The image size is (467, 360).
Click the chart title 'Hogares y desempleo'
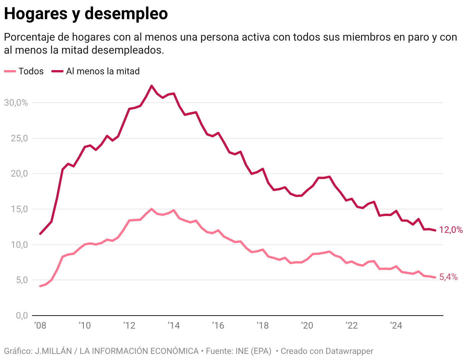point(86,14)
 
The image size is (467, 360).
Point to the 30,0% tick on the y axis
point(16,103)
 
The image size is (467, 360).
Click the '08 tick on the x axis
point(40,326)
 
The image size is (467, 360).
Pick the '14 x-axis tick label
point(173,326)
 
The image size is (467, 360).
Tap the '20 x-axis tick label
point(307,326)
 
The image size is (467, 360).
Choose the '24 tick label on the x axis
point(396,326)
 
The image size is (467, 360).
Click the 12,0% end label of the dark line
point(451,230)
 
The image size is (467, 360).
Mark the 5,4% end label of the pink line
point(448,277)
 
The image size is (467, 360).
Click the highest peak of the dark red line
point(152,86)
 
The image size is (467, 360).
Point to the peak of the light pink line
point(152,209)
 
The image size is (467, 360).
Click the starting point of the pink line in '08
point(40,286)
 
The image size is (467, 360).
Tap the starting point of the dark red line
point(40,234)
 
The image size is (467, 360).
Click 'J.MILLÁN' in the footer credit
point(51,351)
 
